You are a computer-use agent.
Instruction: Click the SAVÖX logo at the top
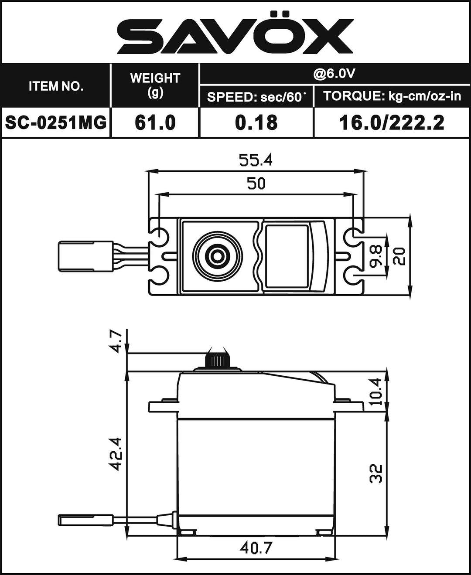(x=235, y=34)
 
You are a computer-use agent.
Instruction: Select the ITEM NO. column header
(x=56, y=86)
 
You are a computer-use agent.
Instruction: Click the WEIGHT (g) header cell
(x=155, y=85)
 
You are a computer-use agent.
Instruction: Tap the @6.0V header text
(x=334, y=73)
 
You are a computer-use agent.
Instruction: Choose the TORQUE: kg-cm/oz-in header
(x=392, y=96)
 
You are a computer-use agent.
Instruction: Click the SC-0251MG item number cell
(x=56, y=123)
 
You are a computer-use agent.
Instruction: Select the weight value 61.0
(x=155, y=123)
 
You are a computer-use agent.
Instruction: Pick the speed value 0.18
(x=256, y=123)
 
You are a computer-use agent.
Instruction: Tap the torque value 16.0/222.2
(x=392, y=123)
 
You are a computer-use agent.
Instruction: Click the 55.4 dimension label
(x=256, y=160)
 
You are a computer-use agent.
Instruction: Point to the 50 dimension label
(x=256, y=184)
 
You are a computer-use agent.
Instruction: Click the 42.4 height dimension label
(x=115, y=454)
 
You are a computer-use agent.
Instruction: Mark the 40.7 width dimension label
(x=256, y=548)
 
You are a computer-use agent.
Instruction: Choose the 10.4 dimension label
(x=376, y=391)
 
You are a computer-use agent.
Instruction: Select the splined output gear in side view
(x=217, y=360)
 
